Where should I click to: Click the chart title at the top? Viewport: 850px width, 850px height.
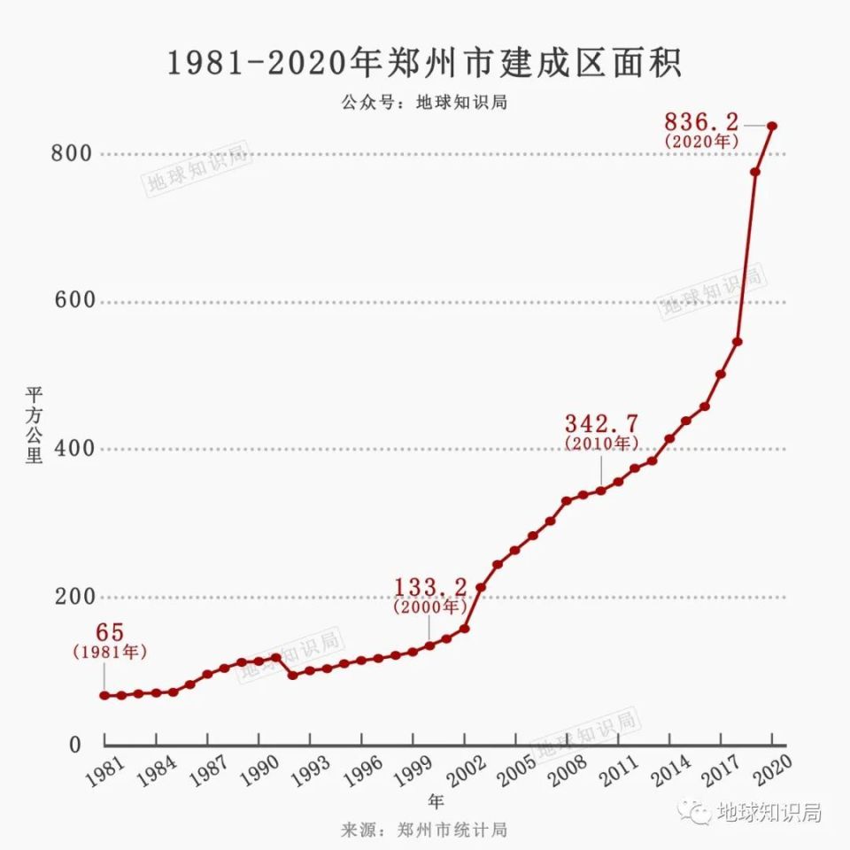tap(425, 65)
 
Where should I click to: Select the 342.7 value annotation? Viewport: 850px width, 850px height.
tap(601, 422)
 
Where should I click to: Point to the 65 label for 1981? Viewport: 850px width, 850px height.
tap(110, 634)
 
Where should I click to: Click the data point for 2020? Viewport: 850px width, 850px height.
tap(772, 126)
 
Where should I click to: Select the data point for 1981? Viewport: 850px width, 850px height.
tap(104, 695)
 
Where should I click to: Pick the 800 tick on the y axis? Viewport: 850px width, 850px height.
tap(73, 153)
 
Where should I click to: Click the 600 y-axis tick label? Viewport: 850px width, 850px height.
tap(73, 301)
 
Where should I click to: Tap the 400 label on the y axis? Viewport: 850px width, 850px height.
tap(73, 449)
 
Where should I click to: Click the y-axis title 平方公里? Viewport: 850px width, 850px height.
tap(33, 425)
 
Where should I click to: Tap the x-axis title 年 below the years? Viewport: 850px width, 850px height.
tap(437, 801)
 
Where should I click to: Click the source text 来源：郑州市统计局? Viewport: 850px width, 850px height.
tap(424, 830)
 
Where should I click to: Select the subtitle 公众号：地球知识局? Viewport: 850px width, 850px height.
tap(424, 101)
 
